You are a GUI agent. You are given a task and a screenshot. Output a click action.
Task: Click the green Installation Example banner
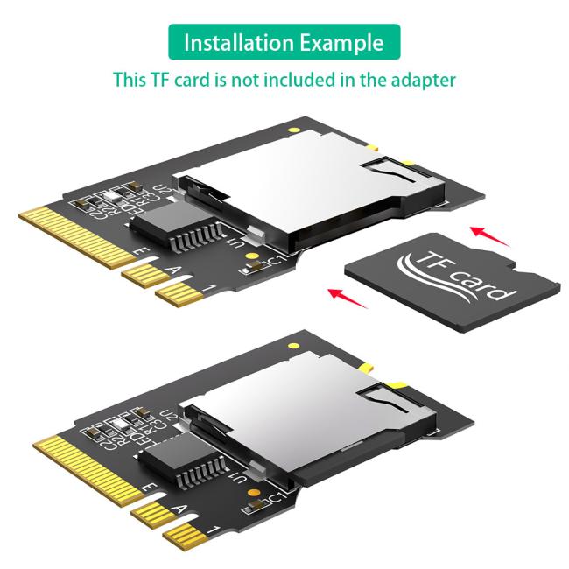[x=284, y=42]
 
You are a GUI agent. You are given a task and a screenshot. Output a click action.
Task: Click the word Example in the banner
[x=341, y=42]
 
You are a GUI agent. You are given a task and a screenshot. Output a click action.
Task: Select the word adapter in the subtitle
[x=424, y=80]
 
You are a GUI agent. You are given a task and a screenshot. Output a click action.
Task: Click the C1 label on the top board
[x=274, y=263]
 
